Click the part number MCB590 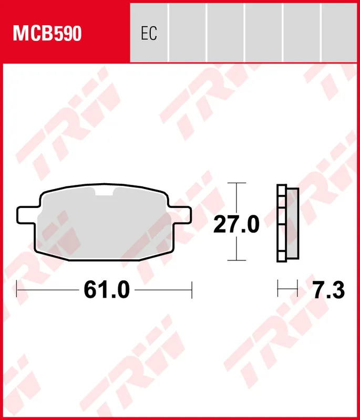click(47, 34)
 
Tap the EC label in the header click(149, 34)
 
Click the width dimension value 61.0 click(106, 289)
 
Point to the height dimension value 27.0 click(236, 225)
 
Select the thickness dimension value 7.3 click(328, 289)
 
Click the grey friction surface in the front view click(105, 226)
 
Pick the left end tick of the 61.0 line click(17, 289)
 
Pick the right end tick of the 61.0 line click(192, 289)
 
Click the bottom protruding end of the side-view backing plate click(281, 258)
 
